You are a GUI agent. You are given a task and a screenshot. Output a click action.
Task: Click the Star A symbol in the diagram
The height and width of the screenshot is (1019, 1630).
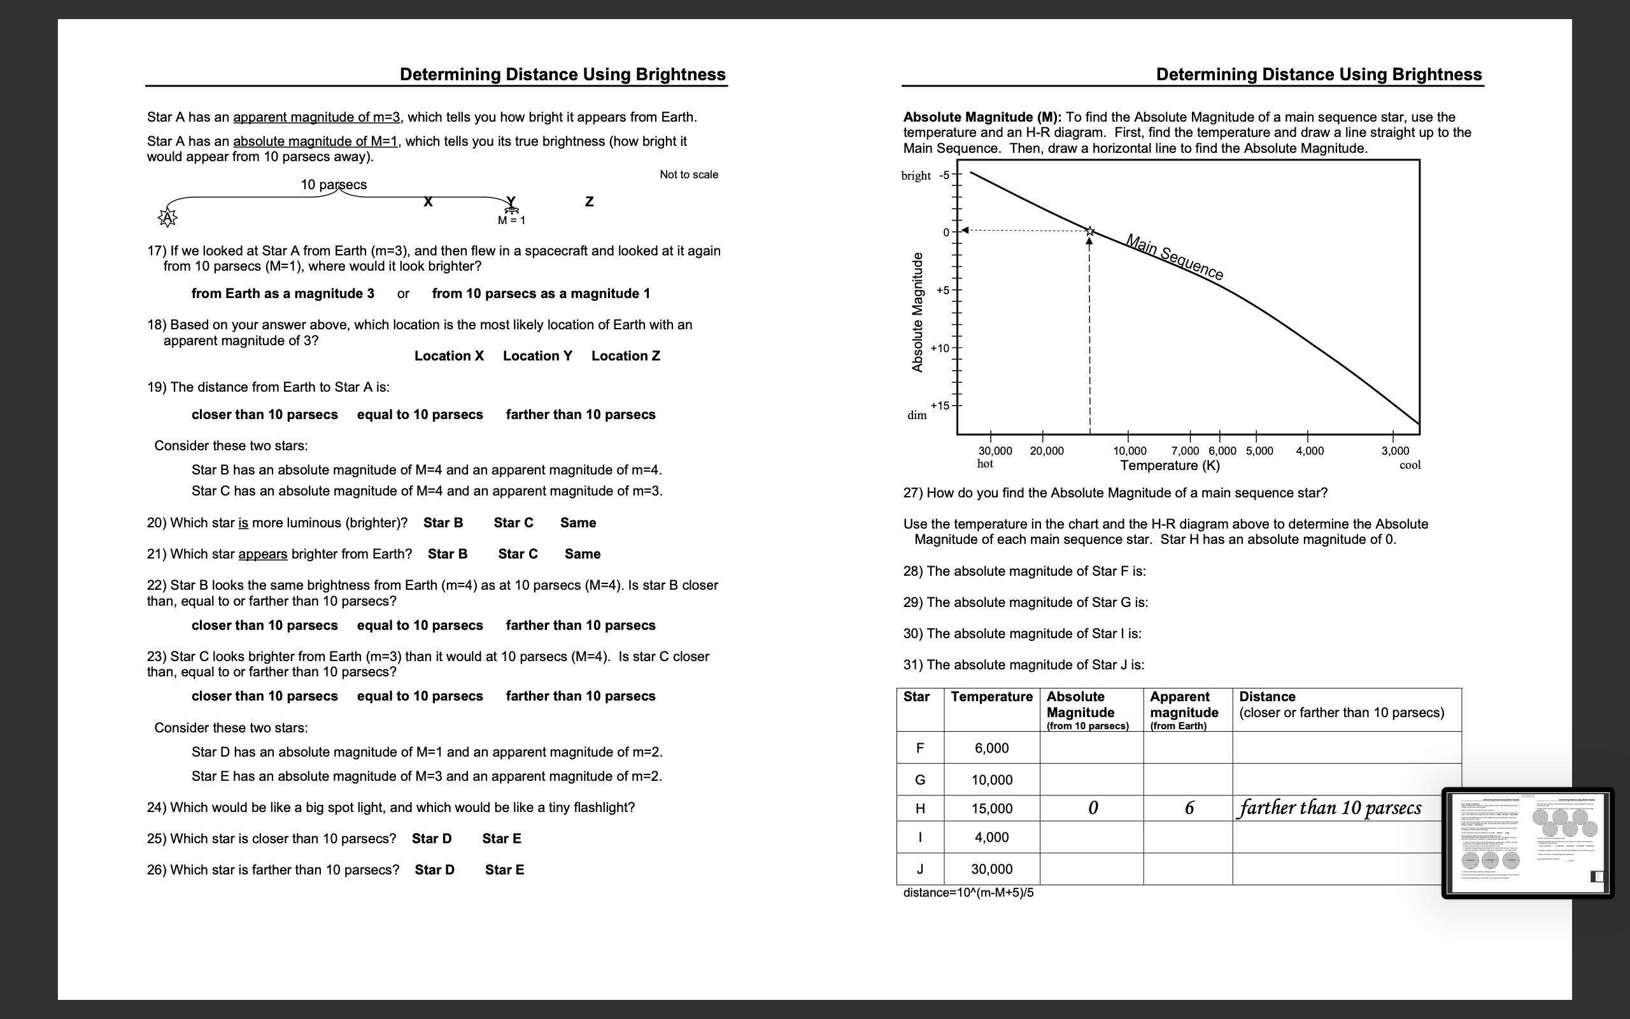coord(167,218)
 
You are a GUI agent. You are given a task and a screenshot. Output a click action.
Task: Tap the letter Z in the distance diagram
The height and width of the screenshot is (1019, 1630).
coord(590,201)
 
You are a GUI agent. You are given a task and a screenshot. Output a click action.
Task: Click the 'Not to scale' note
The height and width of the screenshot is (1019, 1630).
coord(688,175)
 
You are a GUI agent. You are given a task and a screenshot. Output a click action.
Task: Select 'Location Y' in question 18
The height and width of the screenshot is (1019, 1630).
coord(537,356)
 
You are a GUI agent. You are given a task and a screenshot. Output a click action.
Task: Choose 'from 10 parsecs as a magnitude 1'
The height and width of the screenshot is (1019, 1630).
coord(540,293)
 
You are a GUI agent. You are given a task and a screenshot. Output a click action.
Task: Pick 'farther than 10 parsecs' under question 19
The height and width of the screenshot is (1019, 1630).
coord(580,415)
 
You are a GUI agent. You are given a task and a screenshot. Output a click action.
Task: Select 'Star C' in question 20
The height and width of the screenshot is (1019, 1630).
coord(513,522)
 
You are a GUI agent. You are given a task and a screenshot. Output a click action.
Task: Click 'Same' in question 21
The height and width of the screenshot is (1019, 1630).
coord(582,554)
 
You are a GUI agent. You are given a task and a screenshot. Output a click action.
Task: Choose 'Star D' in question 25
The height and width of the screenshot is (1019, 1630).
coord(432,838)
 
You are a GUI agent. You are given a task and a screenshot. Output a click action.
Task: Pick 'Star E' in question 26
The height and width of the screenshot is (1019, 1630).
coord(504,869)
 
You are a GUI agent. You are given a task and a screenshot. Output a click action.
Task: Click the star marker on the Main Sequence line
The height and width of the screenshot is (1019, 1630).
coord(1090,231)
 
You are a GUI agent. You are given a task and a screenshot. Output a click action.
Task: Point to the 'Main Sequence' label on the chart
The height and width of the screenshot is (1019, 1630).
coord(1174,257)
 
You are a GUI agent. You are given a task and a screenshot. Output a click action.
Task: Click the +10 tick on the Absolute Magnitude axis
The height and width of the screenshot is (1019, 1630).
coord(940,348)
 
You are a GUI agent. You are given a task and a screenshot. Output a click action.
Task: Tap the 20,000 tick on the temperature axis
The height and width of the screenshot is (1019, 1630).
coord(1046,451)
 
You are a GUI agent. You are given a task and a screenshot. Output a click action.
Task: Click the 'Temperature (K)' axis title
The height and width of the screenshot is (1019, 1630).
coord(1169,466)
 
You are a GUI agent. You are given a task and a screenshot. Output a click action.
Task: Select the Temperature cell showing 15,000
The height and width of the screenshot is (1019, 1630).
coord(991,808)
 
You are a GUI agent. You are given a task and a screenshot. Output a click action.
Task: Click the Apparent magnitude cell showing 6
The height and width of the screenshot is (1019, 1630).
coord(1189,808)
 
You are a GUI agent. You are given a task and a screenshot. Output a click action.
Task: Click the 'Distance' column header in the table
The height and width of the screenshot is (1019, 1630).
coord(1267,697)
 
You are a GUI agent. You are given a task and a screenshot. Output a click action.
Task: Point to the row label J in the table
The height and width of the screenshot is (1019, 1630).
coord(919,869)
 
